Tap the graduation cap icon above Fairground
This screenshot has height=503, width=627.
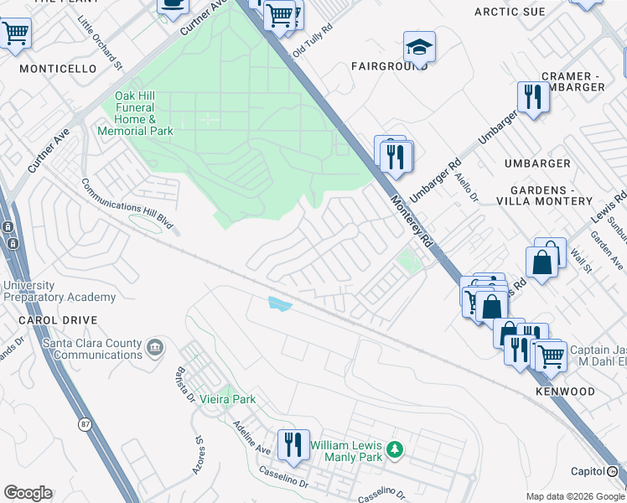click(419, 47)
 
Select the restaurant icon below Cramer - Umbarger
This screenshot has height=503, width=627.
click(532, 96)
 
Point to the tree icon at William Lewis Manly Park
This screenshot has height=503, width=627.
click(394, 452)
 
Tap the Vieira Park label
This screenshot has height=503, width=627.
click(227, 400)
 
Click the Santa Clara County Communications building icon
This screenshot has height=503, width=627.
click(154, 346)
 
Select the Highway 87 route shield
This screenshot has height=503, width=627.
click(85, 425)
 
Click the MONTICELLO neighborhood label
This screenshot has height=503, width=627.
click(58, 69)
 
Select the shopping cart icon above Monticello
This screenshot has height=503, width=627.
click(15, 34)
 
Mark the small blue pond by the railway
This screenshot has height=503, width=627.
click(279, 304)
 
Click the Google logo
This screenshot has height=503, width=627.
click(28, 493)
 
